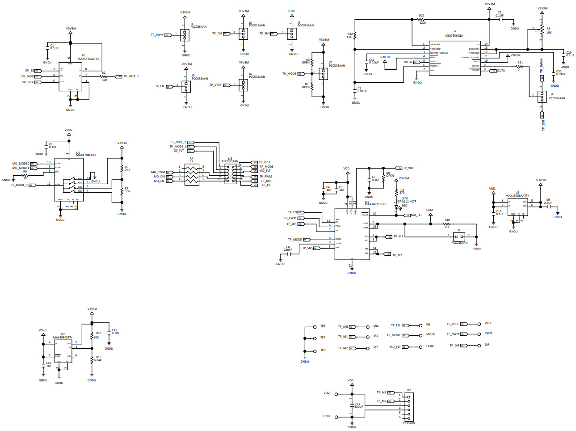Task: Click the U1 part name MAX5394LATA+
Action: pyautogui.click(x=88, y=59)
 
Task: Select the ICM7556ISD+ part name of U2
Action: pyautogui.click(x=454, y=35)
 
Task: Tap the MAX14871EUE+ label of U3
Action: pyautogui.click(x=375, y=204)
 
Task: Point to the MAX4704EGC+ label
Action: pyautogui.click(x=86, y=155)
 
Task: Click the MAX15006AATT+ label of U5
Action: pyautogui.click(x=517, y=196)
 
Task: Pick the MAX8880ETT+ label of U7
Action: pyautogui.click(x=63, y=338)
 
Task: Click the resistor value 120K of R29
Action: pyautogui.click(x=422, y=23)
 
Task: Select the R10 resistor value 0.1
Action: pyautogui.click(x=447, y=227)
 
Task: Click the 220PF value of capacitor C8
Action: pyautogui.click(x=288, y=250)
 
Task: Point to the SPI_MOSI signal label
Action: pyautogui.click(x=27, y=76)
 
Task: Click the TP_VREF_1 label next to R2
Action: pyautogui.click(x=131, y=76)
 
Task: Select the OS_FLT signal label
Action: pyautogui.click(x=179, y=151)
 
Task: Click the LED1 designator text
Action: pyautogui.click(x=405, y=198)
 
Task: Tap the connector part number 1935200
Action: pyautogui.click(x=408, y=423)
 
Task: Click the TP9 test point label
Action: pyautogui.click(x=323, y=350)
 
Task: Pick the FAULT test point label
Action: pyautogui.click(x=430, y=346)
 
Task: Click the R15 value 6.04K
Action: pyautogui.click(x=98, y=360)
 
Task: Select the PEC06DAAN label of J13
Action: pyautogui.click(x=230, y=161)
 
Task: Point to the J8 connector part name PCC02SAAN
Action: pyautogui.click(x=459, y=243)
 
